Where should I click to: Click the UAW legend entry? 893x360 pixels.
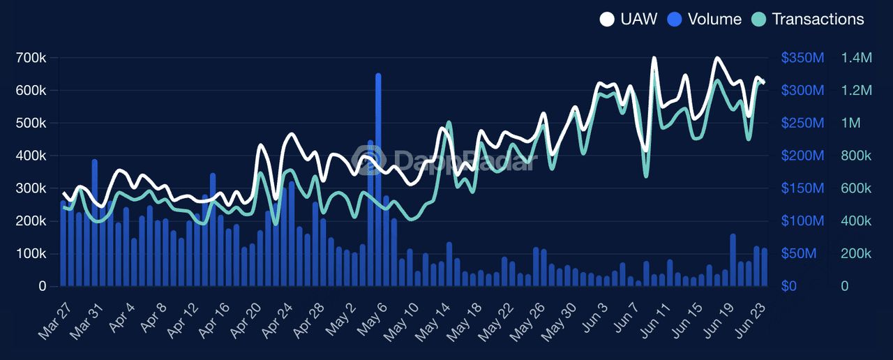629,19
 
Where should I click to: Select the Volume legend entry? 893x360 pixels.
705,19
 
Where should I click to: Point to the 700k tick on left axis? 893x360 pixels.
31,58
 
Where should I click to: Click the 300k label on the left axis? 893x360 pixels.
31,188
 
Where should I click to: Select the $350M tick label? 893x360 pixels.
802,58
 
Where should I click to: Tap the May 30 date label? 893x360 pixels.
560,322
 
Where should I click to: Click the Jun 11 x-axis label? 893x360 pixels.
654,322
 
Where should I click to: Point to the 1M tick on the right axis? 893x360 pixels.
850,123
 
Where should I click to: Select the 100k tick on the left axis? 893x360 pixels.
31,253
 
